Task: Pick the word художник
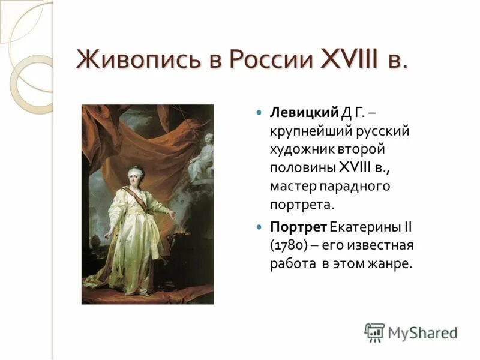point(300,149)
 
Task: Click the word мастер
point(295,186)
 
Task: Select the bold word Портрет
point(298,227)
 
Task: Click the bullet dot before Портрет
point(259,227)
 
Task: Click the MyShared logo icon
point(374,332)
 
